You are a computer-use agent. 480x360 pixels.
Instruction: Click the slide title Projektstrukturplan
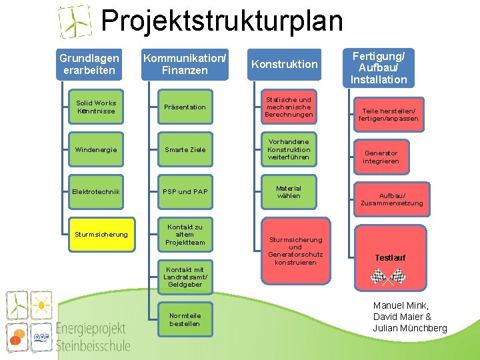pos(221,21)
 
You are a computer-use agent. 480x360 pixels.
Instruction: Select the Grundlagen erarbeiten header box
pos(89,65)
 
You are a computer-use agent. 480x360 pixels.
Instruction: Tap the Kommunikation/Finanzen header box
pos(185,65)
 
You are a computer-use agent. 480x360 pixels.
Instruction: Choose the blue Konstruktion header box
pos(284,65)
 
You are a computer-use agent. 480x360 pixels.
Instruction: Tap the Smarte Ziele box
pos(185,150)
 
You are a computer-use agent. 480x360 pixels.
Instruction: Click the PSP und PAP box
pos(185,192)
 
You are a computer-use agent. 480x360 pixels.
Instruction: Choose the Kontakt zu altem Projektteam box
pos(185,235)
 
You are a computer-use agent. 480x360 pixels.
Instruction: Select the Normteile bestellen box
pos(185,320)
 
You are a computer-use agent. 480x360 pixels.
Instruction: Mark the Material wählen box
pos(288,192)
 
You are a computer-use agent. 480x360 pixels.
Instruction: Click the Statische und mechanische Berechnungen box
pos(288,107)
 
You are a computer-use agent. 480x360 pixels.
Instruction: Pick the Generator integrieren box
pos(381,157)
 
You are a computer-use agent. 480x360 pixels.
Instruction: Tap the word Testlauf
pos(389,258)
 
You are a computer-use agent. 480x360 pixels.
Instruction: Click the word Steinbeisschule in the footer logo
pos(93,345)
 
